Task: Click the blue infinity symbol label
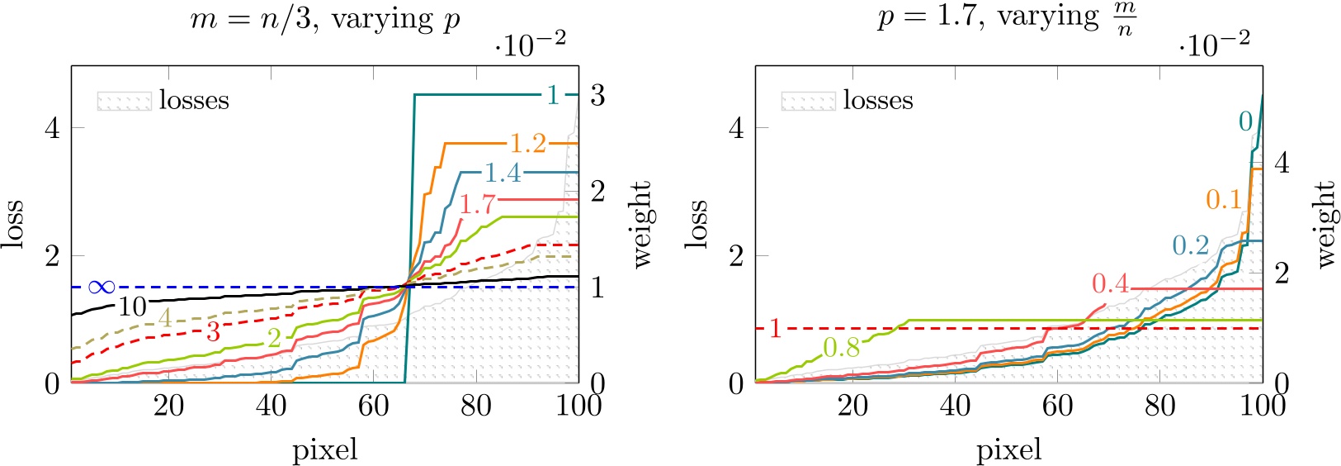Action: tap(101, 288)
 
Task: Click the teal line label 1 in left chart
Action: tap(552, 95)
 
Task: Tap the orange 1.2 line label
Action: tap(528, 144)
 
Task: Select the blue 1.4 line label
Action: tap(503, 173)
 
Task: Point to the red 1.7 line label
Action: tap(478, 203)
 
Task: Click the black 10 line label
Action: tap(132, 307)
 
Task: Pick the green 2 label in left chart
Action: tap(274, 336)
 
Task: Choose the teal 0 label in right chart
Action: tap(1245, 121)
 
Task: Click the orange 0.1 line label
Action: tap(1224, 199)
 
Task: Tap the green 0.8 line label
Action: tap(842, 348)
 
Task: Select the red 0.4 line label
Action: tap(1110, 284)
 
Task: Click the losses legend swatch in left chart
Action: tap(124, 101)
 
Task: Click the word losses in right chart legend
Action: tap(878, 101)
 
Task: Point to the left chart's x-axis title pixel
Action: tap(325, 450)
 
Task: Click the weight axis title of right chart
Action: tap(1325, 224)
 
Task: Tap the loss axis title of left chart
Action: tap(14, 224)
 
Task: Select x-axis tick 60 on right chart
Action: tap(1057, 406)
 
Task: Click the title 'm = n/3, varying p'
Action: tap(325, 19)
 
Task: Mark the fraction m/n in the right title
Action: tap(1124, 19)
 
